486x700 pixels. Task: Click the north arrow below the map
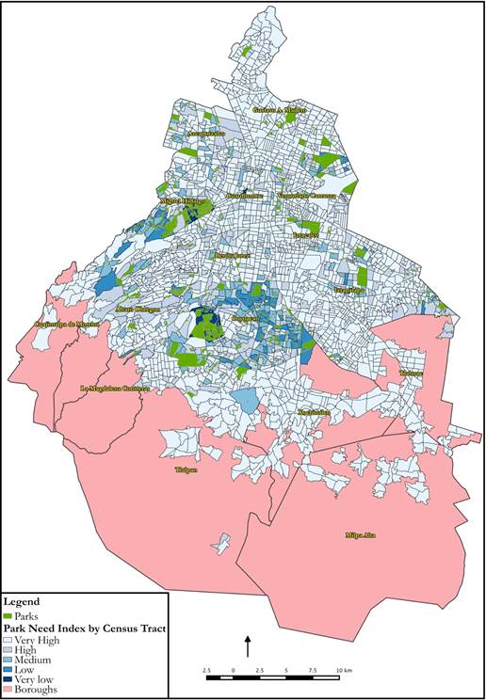tap(248, 645)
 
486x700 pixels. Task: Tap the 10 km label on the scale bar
tap(345, 670)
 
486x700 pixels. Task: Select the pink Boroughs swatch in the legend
tap(9, 691)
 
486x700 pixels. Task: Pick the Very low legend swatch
tap(9, 679)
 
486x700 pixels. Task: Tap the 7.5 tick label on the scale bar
tap(313, 670)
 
